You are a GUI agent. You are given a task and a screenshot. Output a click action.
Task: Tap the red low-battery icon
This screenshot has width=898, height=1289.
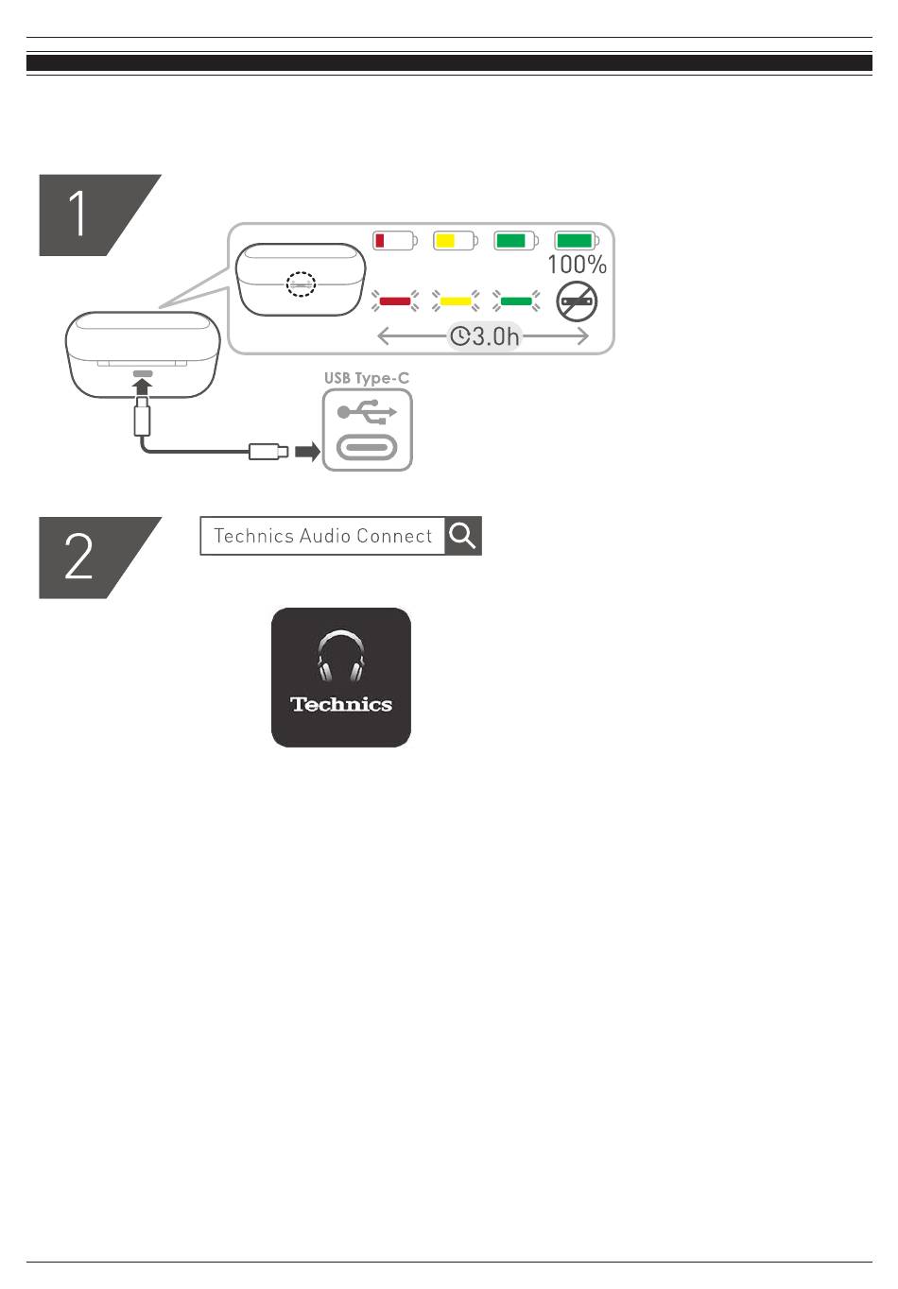coord(394,240)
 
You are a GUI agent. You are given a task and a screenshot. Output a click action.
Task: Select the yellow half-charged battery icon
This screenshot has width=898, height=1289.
coord(455,240)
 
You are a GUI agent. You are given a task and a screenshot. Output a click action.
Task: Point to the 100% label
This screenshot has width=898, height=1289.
coord(577,265)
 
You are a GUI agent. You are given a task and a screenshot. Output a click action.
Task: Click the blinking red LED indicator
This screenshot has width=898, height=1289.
coord(395,301)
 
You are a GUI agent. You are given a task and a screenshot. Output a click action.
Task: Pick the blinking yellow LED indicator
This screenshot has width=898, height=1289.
coord(456,301)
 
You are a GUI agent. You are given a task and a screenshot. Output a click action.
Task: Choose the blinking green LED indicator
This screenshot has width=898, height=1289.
coord(516,301)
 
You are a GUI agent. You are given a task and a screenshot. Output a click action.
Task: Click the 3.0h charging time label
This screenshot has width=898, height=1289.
coord(484,335)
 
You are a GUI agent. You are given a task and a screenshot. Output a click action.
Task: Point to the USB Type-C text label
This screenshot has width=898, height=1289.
coord(367,378)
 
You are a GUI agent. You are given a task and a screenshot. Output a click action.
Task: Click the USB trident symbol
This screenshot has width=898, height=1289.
coord(368,412)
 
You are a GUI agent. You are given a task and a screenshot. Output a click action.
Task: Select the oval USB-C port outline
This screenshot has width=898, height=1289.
coord(367,448)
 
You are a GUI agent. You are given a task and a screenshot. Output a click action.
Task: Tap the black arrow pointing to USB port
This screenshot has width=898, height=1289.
coord(307,452)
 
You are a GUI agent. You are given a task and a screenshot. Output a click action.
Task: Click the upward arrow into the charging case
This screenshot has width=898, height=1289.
coord(143,387)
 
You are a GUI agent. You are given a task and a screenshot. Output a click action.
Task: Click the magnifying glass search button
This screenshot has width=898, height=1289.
coord(463,536)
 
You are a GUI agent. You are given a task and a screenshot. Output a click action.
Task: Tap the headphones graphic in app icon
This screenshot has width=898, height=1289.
coord(341,657)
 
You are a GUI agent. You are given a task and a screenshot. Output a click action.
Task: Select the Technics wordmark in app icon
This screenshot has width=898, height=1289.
coord(341,704)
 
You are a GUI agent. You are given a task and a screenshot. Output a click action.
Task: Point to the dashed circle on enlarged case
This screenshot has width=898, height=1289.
coord(302,284)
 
